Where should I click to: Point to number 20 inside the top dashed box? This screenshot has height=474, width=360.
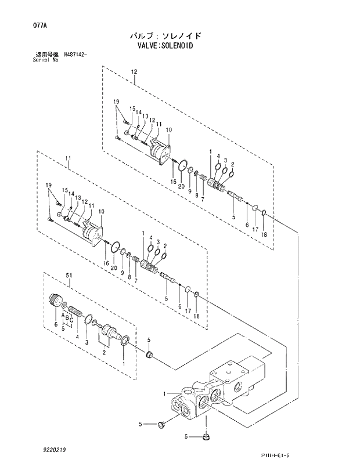pyautogui.click(x=182, y=185)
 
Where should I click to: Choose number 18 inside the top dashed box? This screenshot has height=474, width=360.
pyautogui.click(x=264, y=234)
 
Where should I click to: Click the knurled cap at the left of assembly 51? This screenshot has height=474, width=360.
pyautogui.click(x=56, y=301)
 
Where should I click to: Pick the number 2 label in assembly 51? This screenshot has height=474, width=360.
pyautogui.click(x=105, y=352)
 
